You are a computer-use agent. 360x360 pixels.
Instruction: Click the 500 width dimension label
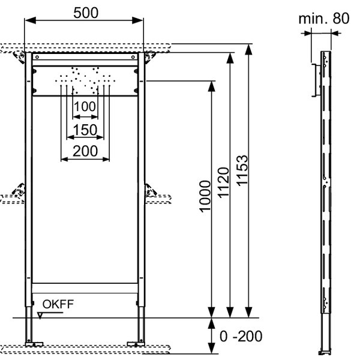86,13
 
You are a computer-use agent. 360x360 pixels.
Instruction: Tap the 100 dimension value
85,107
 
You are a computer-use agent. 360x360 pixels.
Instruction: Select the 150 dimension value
85,130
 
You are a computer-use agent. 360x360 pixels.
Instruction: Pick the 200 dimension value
85,151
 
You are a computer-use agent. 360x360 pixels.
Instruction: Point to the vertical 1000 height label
205,197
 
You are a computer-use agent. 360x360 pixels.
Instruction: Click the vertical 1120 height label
223,182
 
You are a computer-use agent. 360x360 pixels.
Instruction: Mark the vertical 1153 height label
242,170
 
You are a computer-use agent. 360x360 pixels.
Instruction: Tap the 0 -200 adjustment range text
241,336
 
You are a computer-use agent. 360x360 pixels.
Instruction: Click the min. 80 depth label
324,19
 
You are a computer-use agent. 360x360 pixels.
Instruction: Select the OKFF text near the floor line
58,304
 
